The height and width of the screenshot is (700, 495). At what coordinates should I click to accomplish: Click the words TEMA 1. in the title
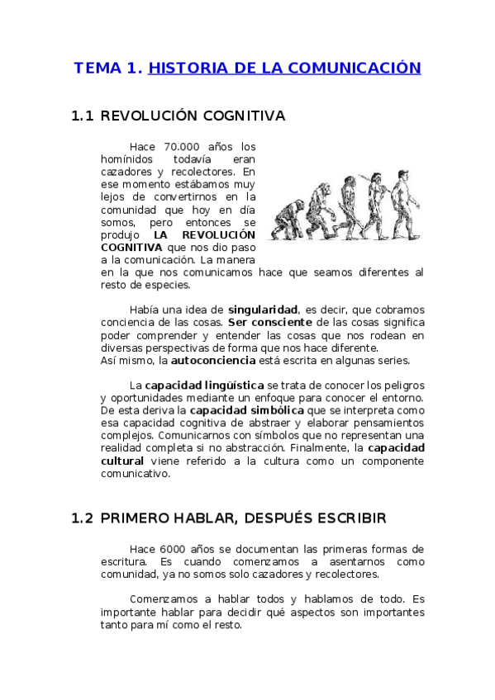click(x=108, y=68)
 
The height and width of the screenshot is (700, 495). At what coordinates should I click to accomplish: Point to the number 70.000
click(x=183, y=147)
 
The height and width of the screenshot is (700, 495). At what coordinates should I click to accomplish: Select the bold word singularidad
click(x=263, y=309)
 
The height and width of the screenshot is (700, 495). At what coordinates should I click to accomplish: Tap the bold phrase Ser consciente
click(x=269, y=322)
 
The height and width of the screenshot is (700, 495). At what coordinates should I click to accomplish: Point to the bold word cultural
click(x=122, y=461)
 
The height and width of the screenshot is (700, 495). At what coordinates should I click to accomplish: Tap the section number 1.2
click(x=83, y=518)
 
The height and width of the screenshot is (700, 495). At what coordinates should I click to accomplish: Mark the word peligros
click(x=399, y=385)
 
